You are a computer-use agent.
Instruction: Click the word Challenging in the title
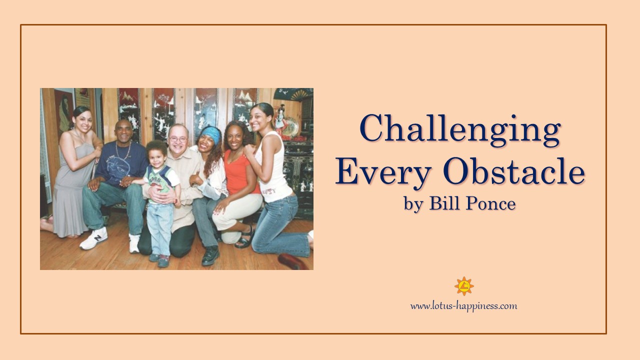pos(460,130)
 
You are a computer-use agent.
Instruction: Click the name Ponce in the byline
pos(490,203)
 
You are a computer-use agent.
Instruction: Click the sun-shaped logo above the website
pos(464,286)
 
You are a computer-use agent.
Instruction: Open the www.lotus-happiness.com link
pos(463,306)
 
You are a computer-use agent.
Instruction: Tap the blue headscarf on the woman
pos(212,134)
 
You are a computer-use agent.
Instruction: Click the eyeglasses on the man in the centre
pos(177,139)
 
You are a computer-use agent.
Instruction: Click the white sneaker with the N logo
pos(94,238)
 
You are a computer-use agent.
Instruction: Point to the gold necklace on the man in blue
pos(123,151)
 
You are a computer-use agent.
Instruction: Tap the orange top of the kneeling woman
pos(239,172)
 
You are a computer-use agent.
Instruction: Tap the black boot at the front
pos(210,255)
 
